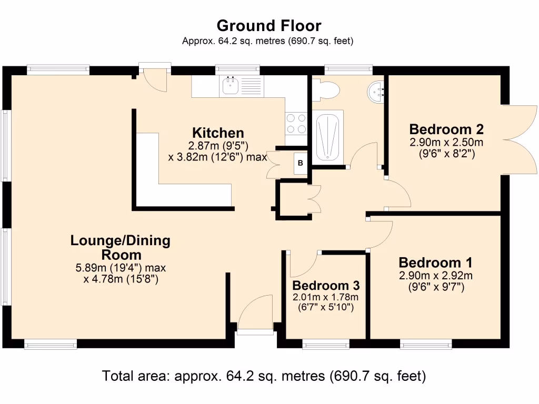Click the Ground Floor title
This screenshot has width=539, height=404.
coord(269,25)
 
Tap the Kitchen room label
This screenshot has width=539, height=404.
coord(218,133)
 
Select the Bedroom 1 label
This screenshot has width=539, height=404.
coord(435,262)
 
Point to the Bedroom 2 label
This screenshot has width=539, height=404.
coord(446,129)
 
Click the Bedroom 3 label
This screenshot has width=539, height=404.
coord(326,286)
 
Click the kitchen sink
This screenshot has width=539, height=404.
coord(230,86)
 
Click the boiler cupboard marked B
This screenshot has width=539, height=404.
coord(300,163)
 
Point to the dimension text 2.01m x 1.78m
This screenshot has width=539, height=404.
coord(326,297)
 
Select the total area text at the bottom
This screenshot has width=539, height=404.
coord(264,376)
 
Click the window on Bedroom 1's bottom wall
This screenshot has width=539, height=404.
coord(425,344)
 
